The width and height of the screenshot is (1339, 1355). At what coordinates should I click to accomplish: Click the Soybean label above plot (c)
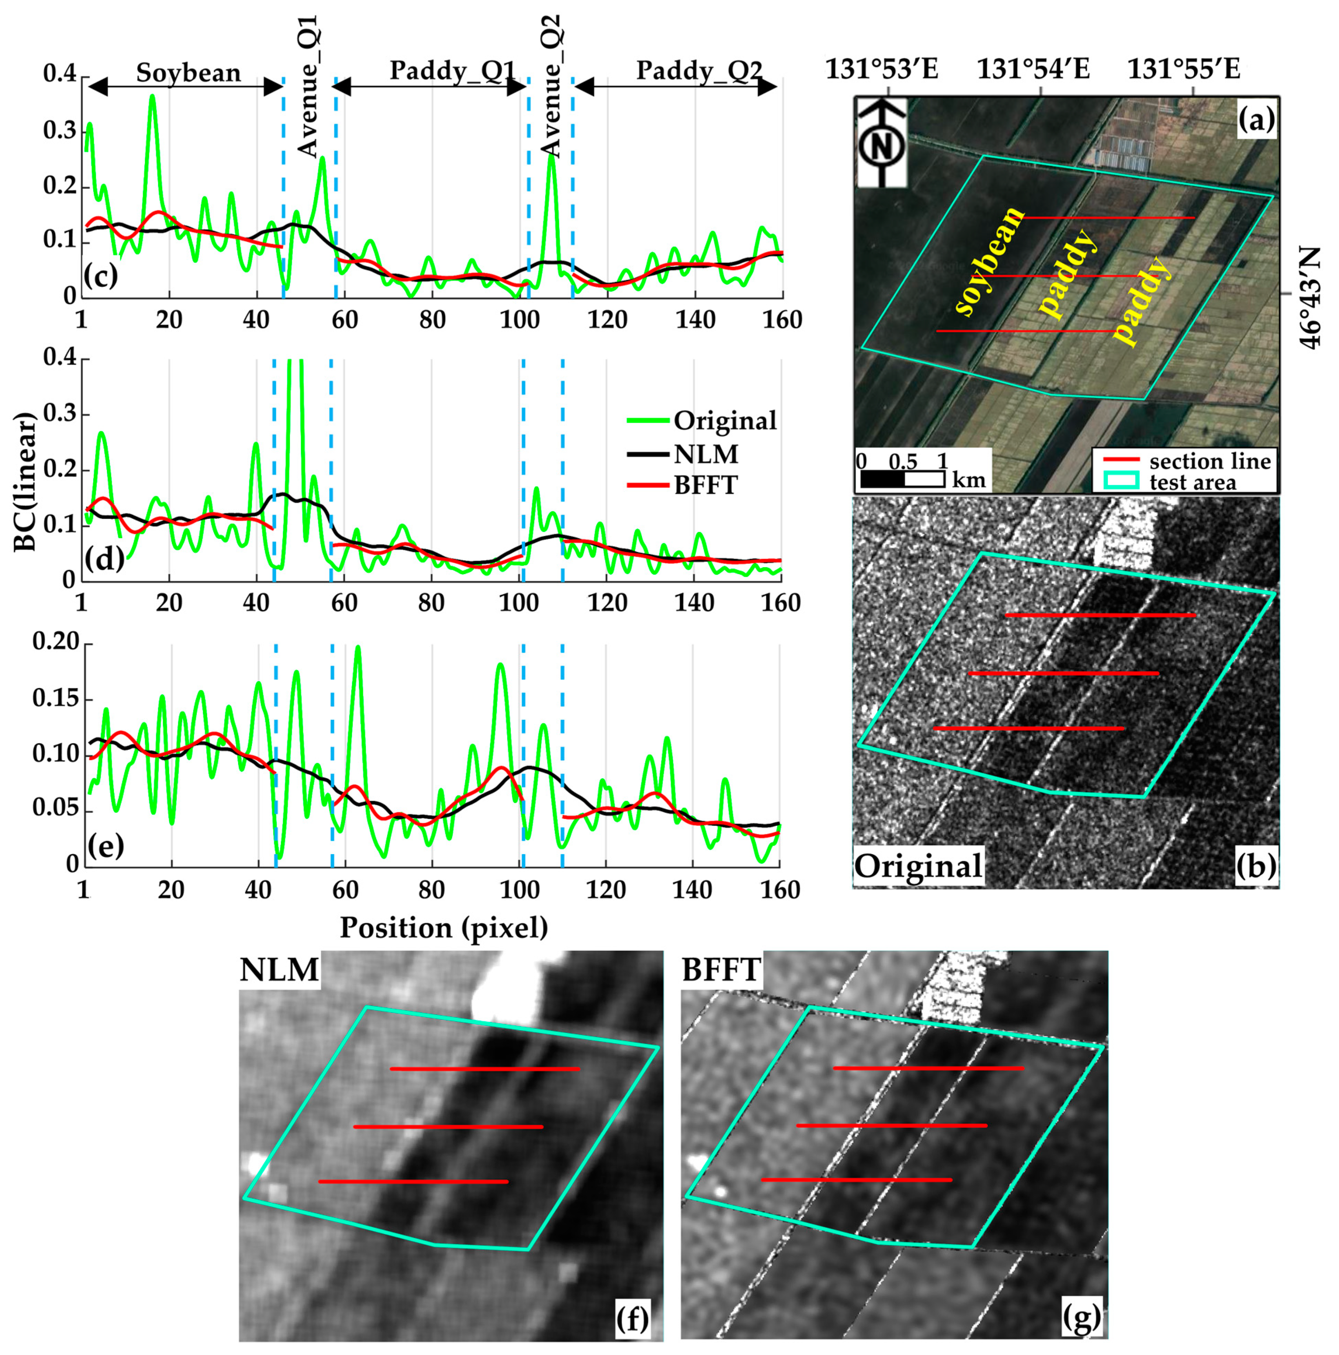188,72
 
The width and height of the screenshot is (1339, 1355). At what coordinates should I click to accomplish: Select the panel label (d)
104,559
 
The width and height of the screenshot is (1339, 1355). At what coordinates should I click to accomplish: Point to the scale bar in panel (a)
902,479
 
